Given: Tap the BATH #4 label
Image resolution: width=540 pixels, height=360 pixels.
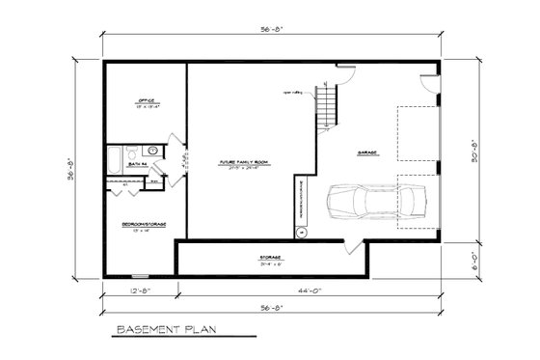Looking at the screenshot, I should point(137,165).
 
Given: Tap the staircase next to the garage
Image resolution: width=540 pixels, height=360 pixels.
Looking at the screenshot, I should point(330,105).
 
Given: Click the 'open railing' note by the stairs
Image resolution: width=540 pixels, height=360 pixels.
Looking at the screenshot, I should point(292,93).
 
